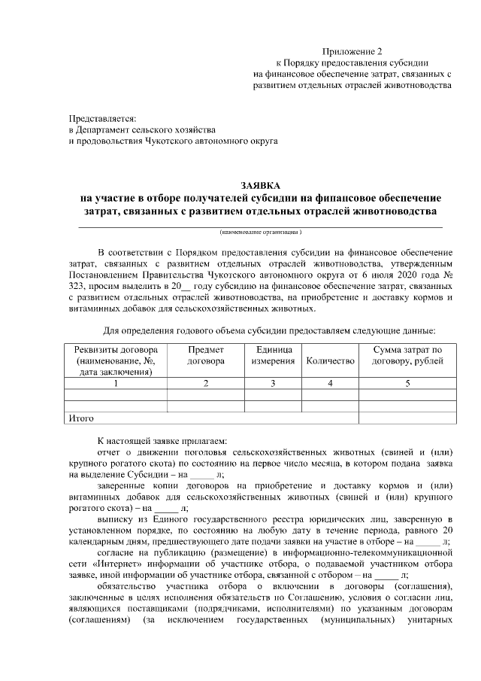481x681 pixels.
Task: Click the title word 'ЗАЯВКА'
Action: point(260,185)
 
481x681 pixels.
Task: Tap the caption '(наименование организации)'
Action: point(261,233)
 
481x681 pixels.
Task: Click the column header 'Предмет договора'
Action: point(205,356)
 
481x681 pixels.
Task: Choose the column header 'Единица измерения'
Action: point(273,356)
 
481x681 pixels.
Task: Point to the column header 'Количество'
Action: point(330,362)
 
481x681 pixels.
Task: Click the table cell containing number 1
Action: point(116,384)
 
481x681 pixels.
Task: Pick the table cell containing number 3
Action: point(273,384)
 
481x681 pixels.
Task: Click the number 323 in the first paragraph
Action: point(77,287)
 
